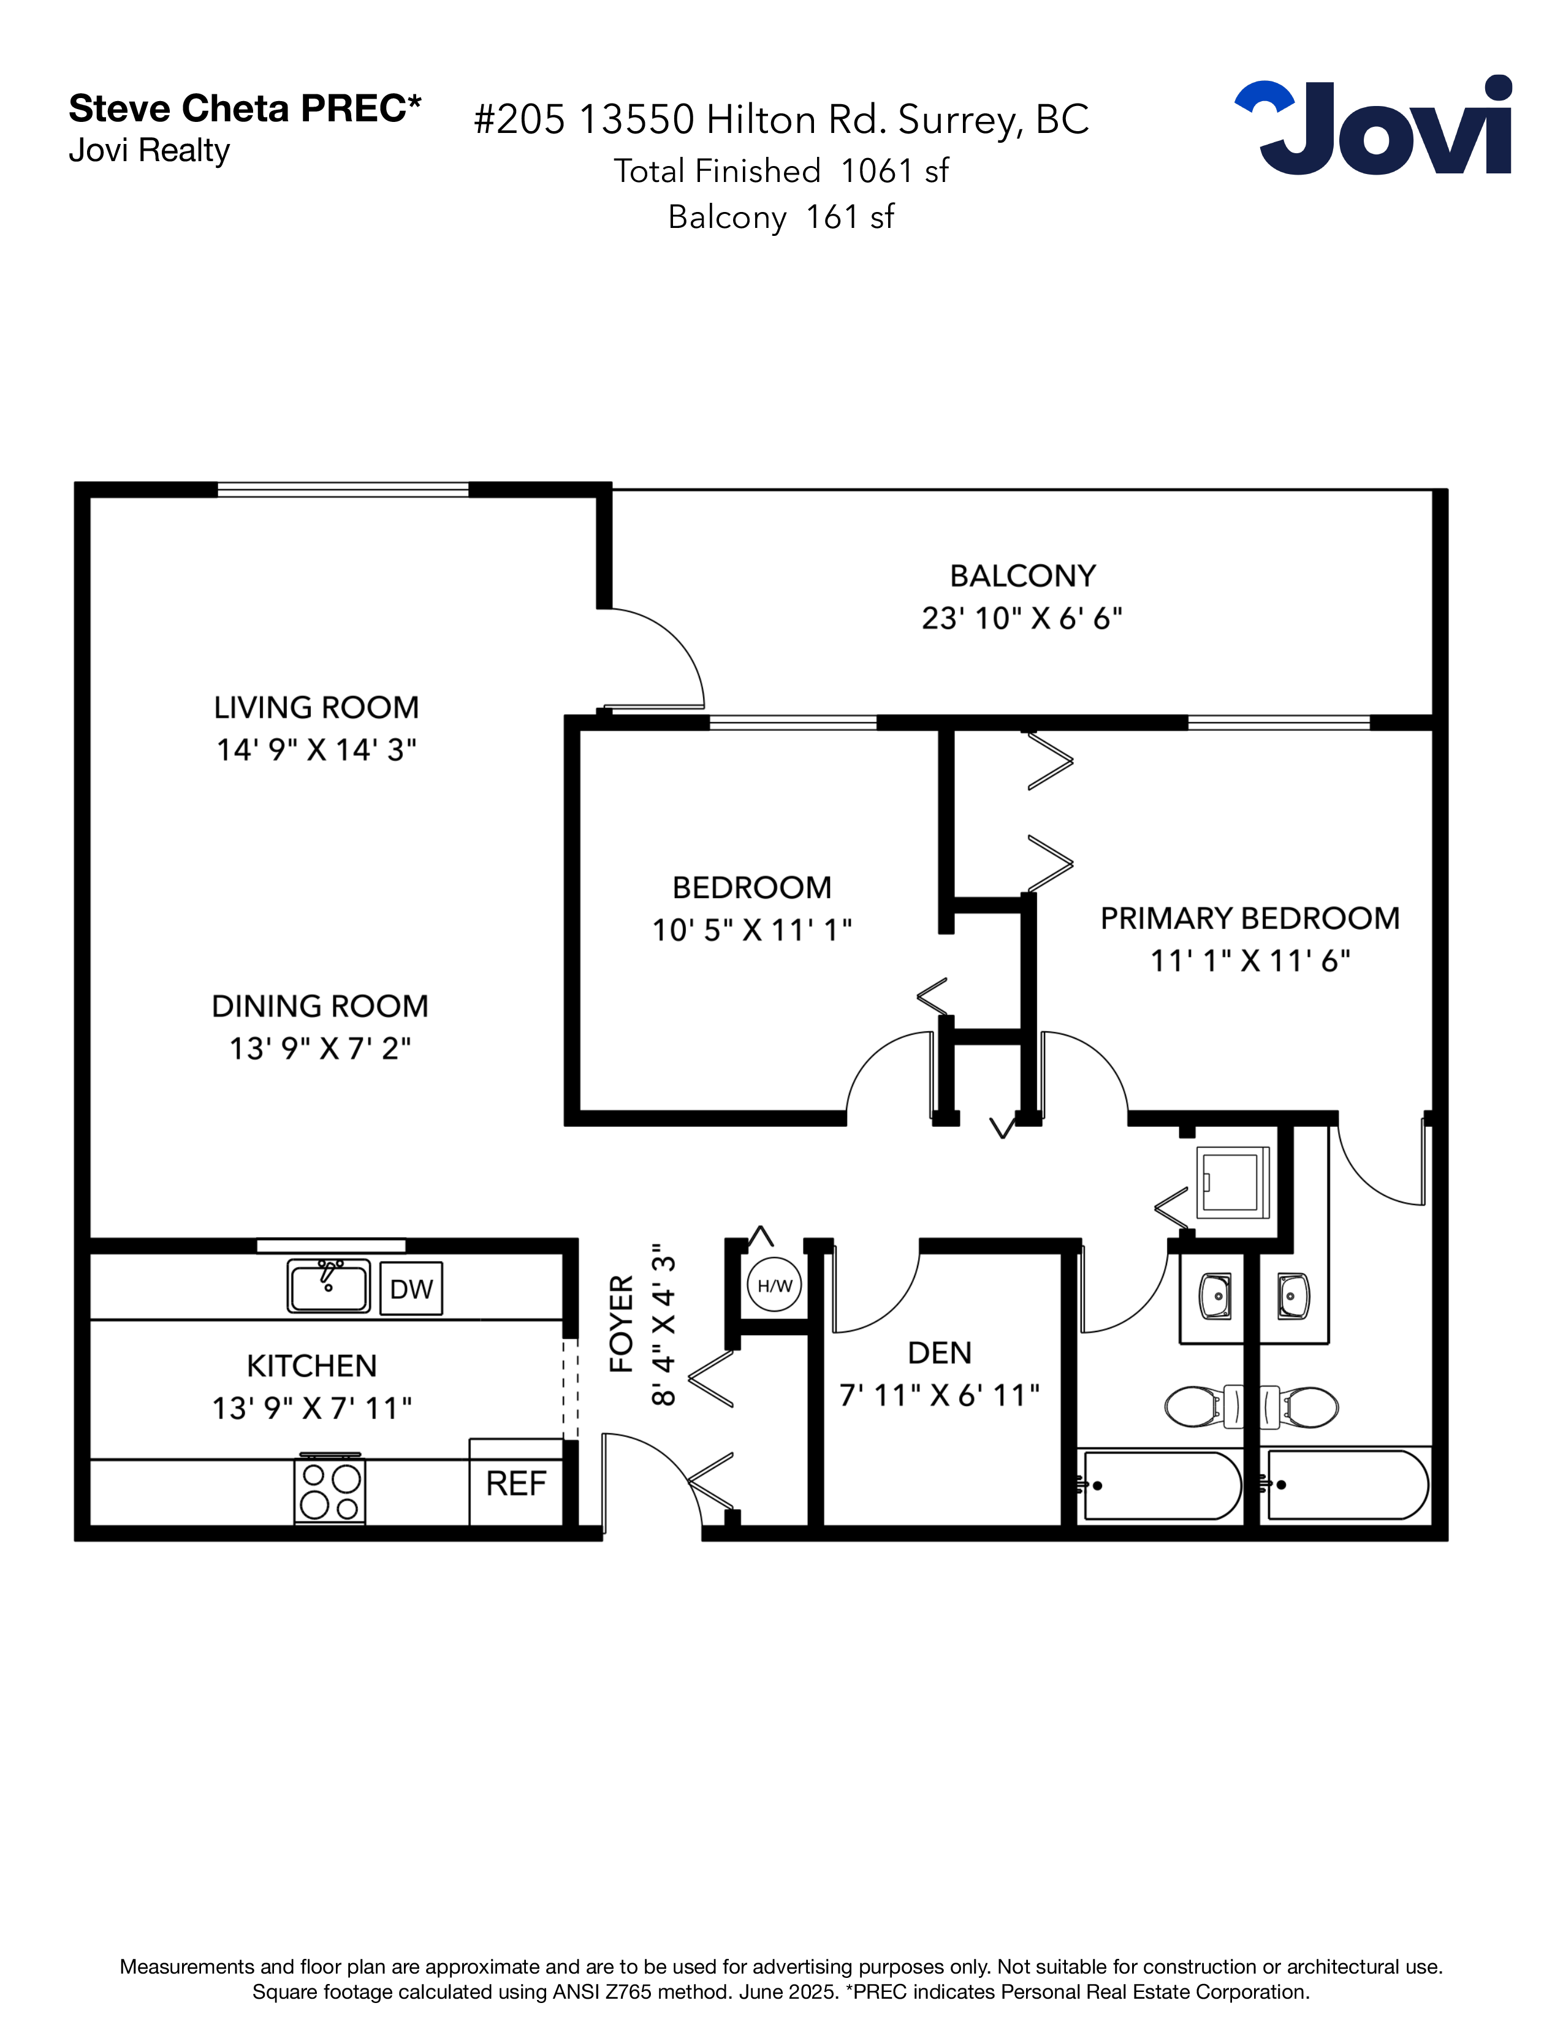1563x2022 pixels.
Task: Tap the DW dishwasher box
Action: [x=411, y=1289]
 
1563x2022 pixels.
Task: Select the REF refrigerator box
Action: [x=515, y=1483]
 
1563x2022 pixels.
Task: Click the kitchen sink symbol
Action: [x=329, y=1286]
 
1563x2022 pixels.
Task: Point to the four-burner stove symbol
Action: [x=330, y=1491]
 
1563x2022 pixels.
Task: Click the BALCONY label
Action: [x=1022, y=576]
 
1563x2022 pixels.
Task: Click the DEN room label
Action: [x=939, y=1353]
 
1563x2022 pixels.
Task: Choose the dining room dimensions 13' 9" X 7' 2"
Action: [x=319, y=1048]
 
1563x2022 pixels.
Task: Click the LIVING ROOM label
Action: [x=316, y=707]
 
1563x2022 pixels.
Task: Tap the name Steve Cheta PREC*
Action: [x=245, y=108]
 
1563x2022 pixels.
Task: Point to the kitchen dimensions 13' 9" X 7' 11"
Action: [x=312, y=1408]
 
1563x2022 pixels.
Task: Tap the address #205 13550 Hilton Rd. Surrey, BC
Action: [x=780, y=119]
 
